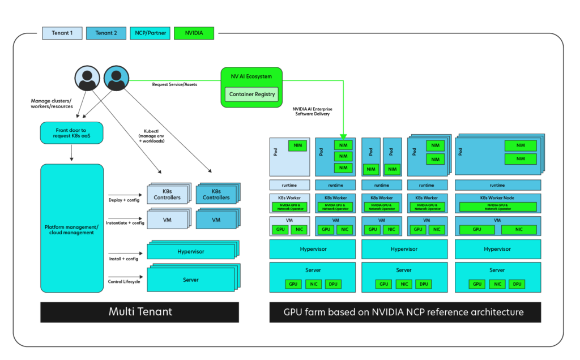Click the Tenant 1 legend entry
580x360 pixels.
62,33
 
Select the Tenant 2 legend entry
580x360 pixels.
106,33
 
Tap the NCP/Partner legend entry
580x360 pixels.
150,33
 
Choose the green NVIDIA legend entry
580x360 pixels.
194,33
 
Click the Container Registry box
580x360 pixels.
251,95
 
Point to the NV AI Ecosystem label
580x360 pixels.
251,76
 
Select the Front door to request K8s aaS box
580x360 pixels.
72,133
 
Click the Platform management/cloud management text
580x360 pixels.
72,229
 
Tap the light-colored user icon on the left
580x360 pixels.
87,79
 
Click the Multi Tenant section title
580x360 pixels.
140,312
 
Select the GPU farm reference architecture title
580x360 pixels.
404,312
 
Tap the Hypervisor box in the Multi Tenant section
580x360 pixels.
191,251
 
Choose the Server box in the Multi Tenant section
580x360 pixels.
191,280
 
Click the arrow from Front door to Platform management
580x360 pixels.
72,153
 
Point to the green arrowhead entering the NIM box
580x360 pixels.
343,136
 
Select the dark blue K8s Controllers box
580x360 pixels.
216,194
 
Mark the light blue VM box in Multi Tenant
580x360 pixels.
167,220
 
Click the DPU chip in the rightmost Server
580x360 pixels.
517,284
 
